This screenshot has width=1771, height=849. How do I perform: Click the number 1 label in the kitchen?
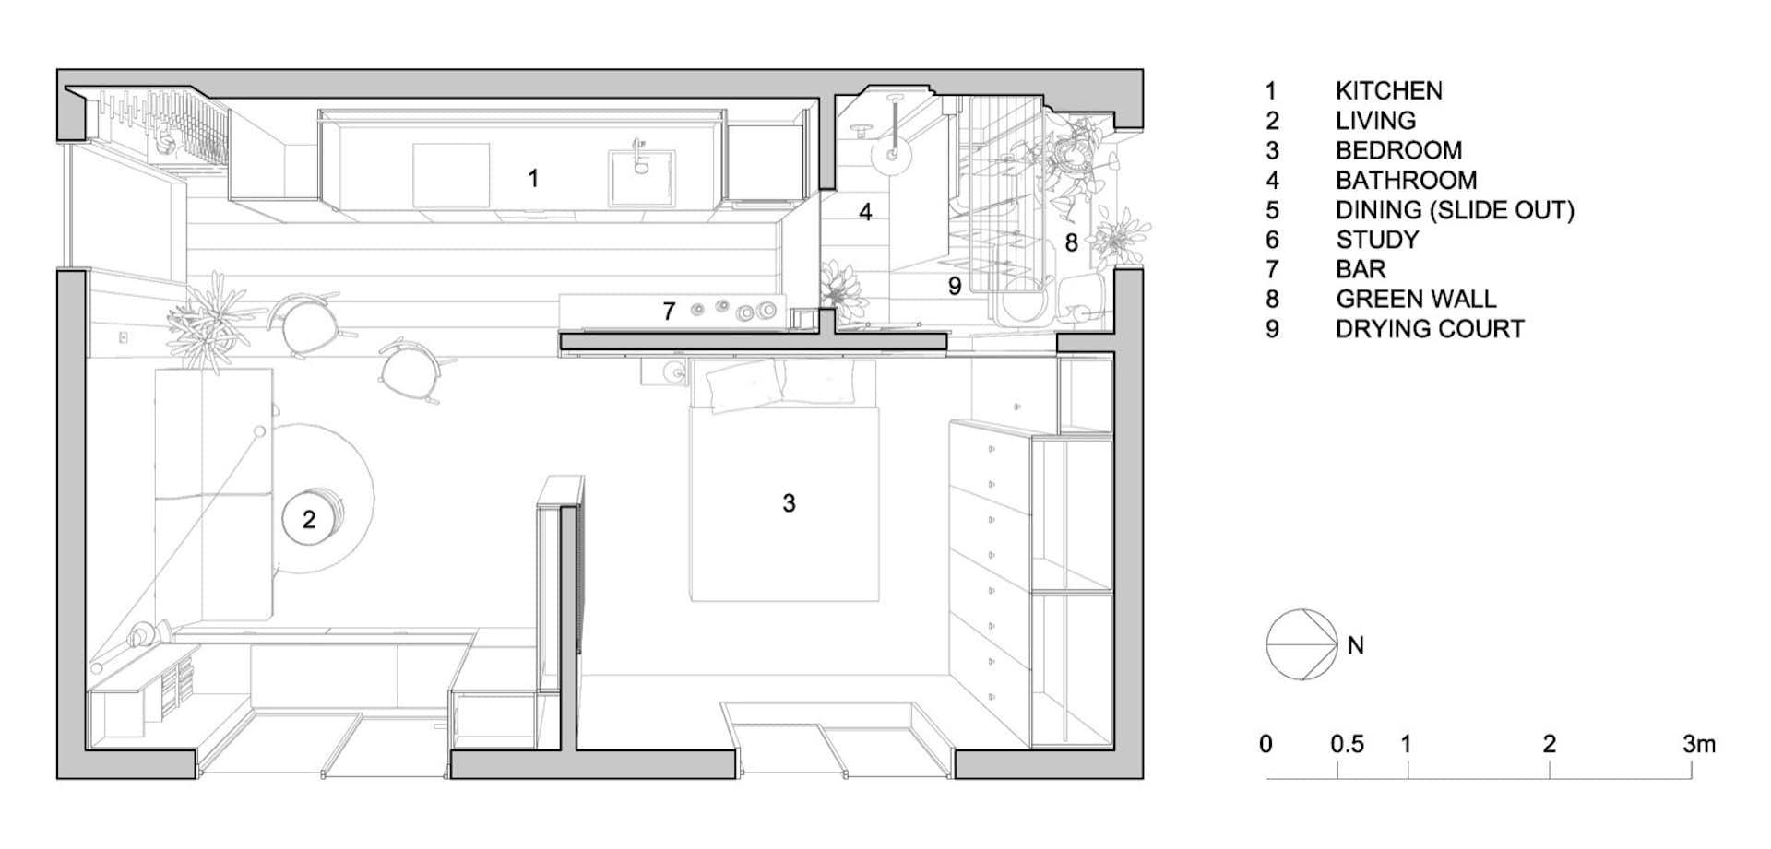pos(533,178)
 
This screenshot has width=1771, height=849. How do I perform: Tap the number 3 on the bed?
pos(789,503)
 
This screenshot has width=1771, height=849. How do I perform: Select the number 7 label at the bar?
pos(669,312)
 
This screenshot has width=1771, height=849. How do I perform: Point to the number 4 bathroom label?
pos(865,212)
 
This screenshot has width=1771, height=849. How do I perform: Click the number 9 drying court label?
pos(955,287)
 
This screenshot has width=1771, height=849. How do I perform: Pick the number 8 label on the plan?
pos(1071,242)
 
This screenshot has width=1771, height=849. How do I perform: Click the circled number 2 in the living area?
pos(309,520)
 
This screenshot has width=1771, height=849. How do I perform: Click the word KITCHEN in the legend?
pos(1388,91)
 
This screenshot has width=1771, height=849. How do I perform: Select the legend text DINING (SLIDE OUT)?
pos(1455,210)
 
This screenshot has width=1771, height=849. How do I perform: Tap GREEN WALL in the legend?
pos(1416,300)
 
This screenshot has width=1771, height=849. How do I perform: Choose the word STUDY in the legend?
pos(1377,240)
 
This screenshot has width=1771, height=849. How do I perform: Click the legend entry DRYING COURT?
pos(1430,329)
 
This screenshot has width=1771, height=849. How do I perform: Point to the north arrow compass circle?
pos(1302,645)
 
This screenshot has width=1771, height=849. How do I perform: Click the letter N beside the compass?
pos(1355,646)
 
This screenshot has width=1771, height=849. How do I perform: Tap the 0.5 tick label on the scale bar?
pos(1347,745)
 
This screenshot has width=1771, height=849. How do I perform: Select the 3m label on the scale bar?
pos(1698,745)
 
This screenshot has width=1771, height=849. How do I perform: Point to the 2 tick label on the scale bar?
pos(1550,745)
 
